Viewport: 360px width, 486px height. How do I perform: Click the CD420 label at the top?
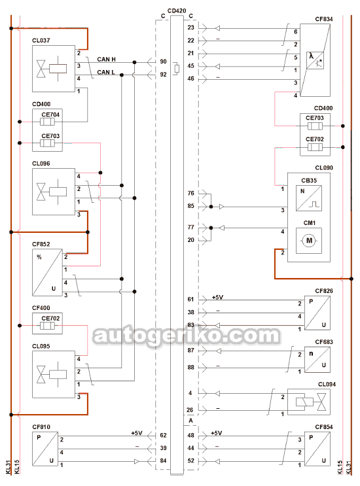[x=177, y=11]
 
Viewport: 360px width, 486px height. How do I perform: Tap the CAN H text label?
[x=106, y=60]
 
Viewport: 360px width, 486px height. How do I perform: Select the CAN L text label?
[x=106, y=72]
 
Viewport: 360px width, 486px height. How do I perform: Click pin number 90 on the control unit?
[x=164, y=61]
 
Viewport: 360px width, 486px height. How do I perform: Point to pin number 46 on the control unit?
[x=190, y=78]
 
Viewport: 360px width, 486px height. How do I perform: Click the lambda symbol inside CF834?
[x=311, y=56]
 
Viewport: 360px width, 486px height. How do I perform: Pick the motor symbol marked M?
[x=309, y=241]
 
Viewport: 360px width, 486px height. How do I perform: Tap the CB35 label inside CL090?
[x=309, y=181]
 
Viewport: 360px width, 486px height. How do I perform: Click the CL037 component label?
[x=41, y=41]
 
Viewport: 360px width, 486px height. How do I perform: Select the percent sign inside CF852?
[x=39, y=257]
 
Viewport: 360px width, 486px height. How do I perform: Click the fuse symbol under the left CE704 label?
[x=47, y=122]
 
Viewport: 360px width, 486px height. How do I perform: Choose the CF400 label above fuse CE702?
[x=41, y=308]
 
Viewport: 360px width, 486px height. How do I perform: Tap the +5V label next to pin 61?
[x=217, y=297]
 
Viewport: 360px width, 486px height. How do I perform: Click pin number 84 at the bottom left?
[x=164, y=461]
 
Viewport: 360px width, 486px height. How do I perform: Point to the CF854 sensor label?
[x=324, y=426]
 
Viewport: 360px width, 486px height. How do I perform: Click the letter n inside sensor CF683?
[x=311, y=354]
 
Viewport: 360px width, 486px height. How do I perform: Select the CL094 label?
[x=327, y=385]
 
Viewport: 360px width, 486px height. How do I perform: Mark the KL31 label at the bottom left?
[x=9, y=467]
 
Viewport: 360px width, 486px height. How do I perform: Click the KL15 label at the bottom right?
[x=340, y=467]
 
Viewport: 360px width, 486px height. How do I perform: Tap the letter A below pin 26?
[x=190, y=421]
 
